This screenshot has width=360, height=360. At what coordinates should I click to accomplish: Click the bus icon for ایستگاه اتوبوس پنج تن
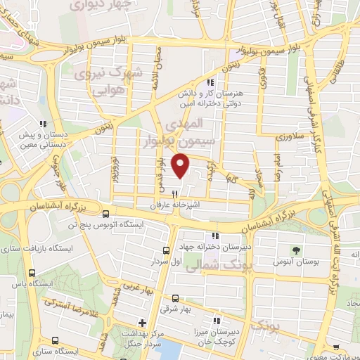point(105,214)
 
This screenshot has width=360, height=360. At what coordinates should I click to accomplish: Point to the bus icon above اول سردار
point(167,250)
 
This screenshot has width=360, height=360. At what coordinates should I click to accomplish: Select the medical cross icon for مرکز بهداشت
point(142,323)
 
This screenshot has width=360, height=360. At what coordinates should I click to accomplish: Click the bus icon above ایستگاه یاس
point(31,274)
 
